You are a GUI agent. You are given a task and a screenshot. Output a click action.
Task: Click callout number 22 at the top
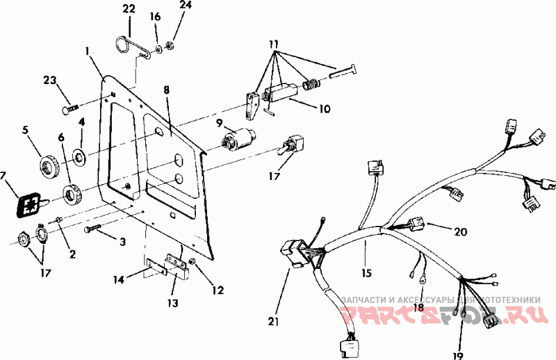click(129, 8)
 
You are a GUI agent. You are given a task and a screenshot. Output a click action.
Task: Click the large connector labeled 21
click(294, 254)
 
